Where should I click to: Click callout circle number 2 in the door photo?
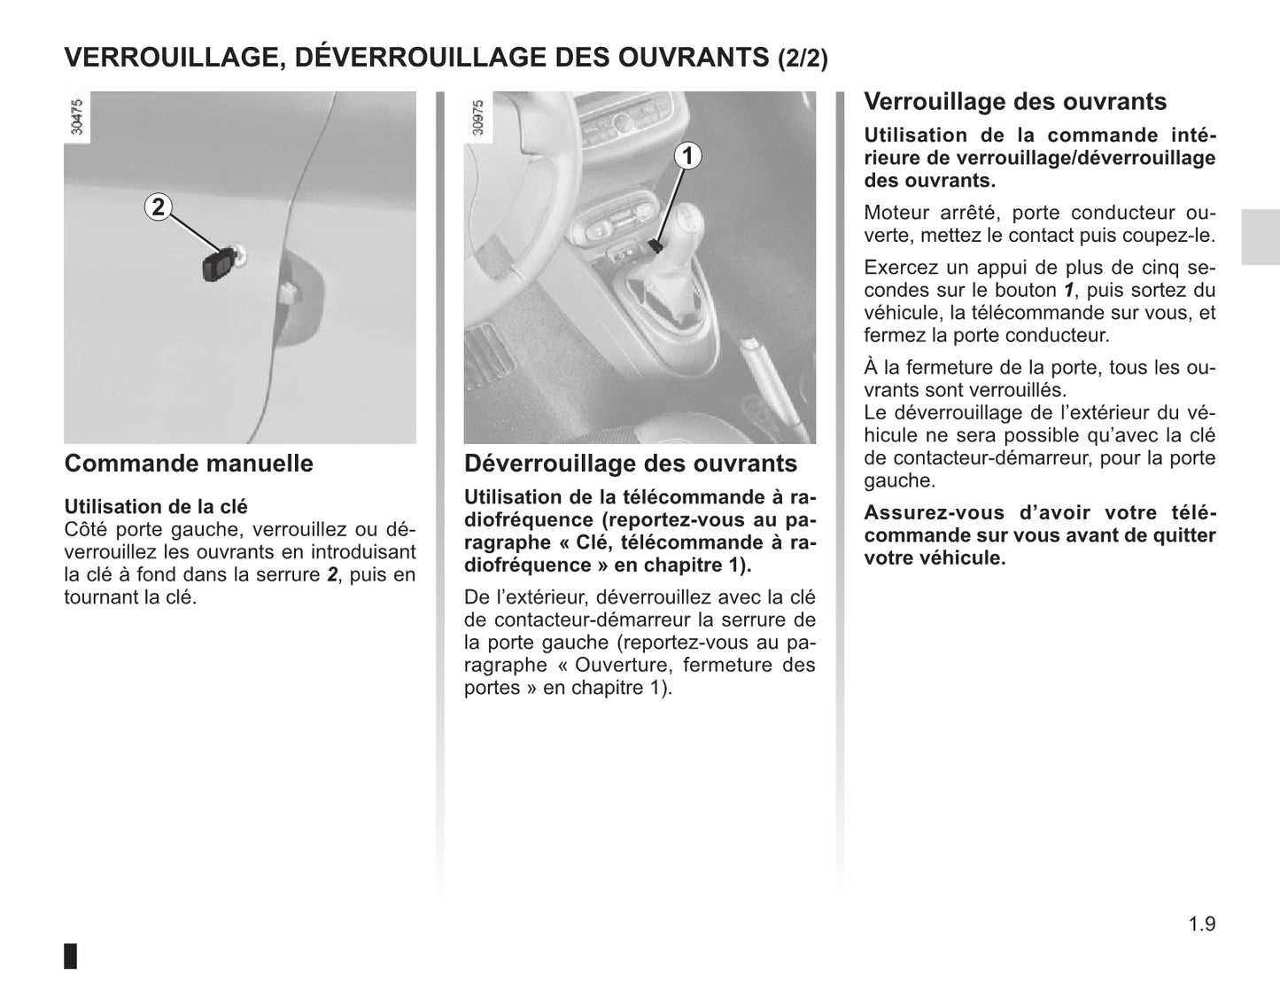158,207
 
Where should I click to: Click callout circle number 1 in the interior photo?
687,156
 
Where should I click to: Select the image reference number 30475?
77,117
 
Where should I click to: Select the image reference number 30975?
478,117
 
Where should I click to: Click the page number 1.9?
1202,924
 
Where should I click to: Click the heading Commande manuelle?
189,464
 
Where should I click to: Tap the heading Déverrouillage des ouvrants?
630,464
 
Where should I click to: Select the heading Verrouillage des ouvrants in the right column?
1015,102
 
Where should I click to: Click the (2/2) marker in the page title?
803,58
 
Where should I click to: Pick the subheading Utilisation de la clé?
156,507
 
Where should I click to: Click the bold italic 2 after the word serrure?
332,574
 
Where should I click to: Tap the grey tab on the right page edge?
1260,237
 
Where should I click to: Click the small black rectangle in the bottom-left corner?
71,955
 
